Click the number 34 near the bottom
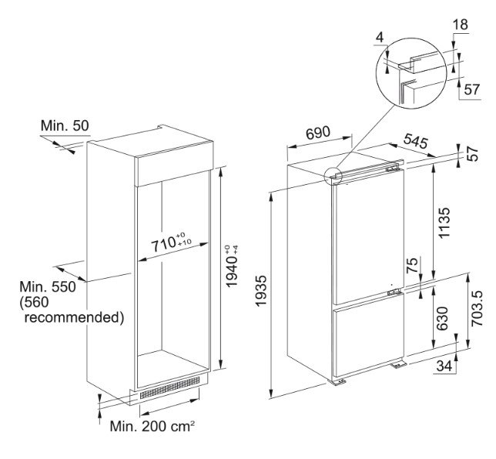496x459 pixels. pos(444,366)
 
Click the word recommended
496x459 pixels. pos(70,317)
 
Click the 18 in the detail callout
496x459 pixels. pos(461,26)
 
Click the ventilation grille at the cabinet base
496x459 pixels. pos(169,388)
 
